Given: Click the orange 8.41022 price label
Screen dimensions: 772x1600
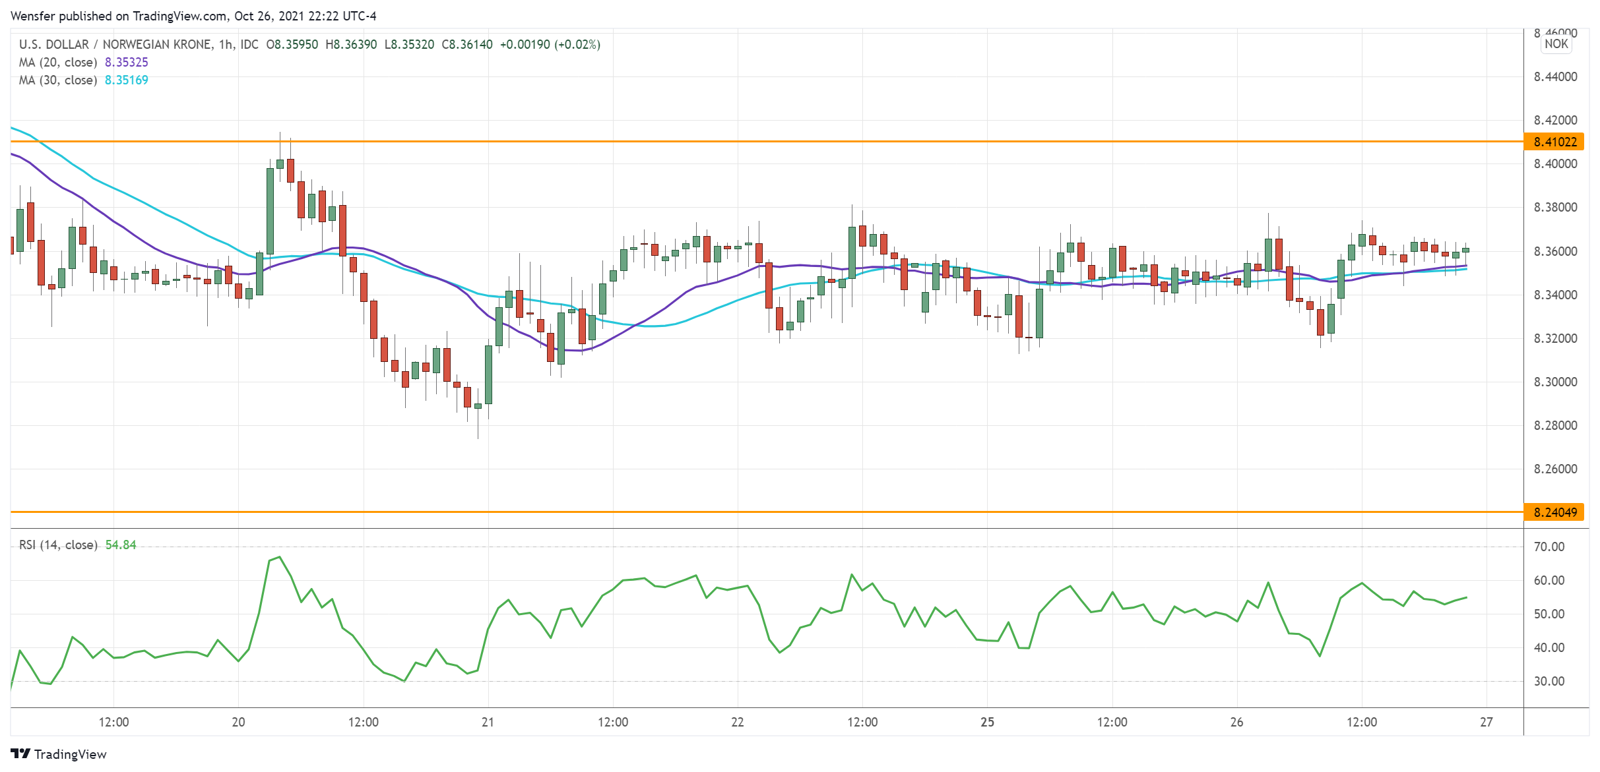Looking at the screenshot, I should pos(1554,142).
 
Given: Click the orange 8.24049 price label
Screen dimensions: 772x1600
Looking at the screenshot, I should pos(1554,512).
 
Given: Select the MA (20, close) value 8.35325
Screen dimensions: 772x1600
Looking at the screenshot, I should pos(126,63).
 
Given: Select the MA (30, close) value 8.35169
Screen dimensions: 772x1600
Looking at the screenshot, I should pos(126,80).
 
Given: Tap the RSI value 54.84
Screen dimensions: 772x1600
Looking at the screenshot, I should pos(121,545).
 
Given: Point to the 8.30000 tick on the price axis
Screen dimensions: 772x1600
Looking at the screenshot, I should pos(1555,382).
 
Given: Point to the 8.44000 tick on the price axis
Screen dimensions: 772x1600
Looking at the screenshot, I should pos(1555,77).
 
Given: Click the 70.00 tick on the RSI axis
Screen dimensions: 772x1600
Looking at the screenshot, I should pos(1549,547).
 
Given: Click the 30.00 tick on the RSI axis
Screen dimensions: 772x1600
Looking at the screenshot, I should pos(1549,682).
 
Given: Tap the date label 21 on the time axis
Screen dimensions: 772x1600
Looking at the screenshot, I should pos(488,723).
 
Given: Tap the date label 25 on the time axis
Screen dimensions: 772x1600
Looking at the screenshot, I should pos(987,723).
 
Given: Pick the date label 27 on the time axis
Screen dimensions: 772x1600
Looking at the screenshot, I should pos(1486,723).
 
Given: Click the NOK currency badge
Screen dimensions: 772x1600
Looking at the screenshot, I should pos(1556,44).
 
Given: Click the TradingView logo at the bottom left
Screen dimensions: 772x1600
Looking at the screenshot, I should pos(59,754).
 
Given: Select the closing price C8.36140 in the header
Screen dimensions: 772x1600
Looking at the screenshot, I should pos(467,45).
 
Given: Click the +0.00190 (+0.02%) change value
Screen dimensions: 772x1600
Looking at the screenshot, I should pos(550,45).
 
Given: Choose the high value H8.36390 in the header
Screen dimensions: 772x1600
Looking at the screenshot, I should pos(351,45).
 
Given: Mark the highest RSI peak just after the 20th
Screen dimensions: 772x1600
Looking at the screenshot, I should pos(280,557).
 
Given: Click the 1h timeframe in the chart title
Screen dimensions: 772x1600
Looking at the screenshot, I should pos(226,45).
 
